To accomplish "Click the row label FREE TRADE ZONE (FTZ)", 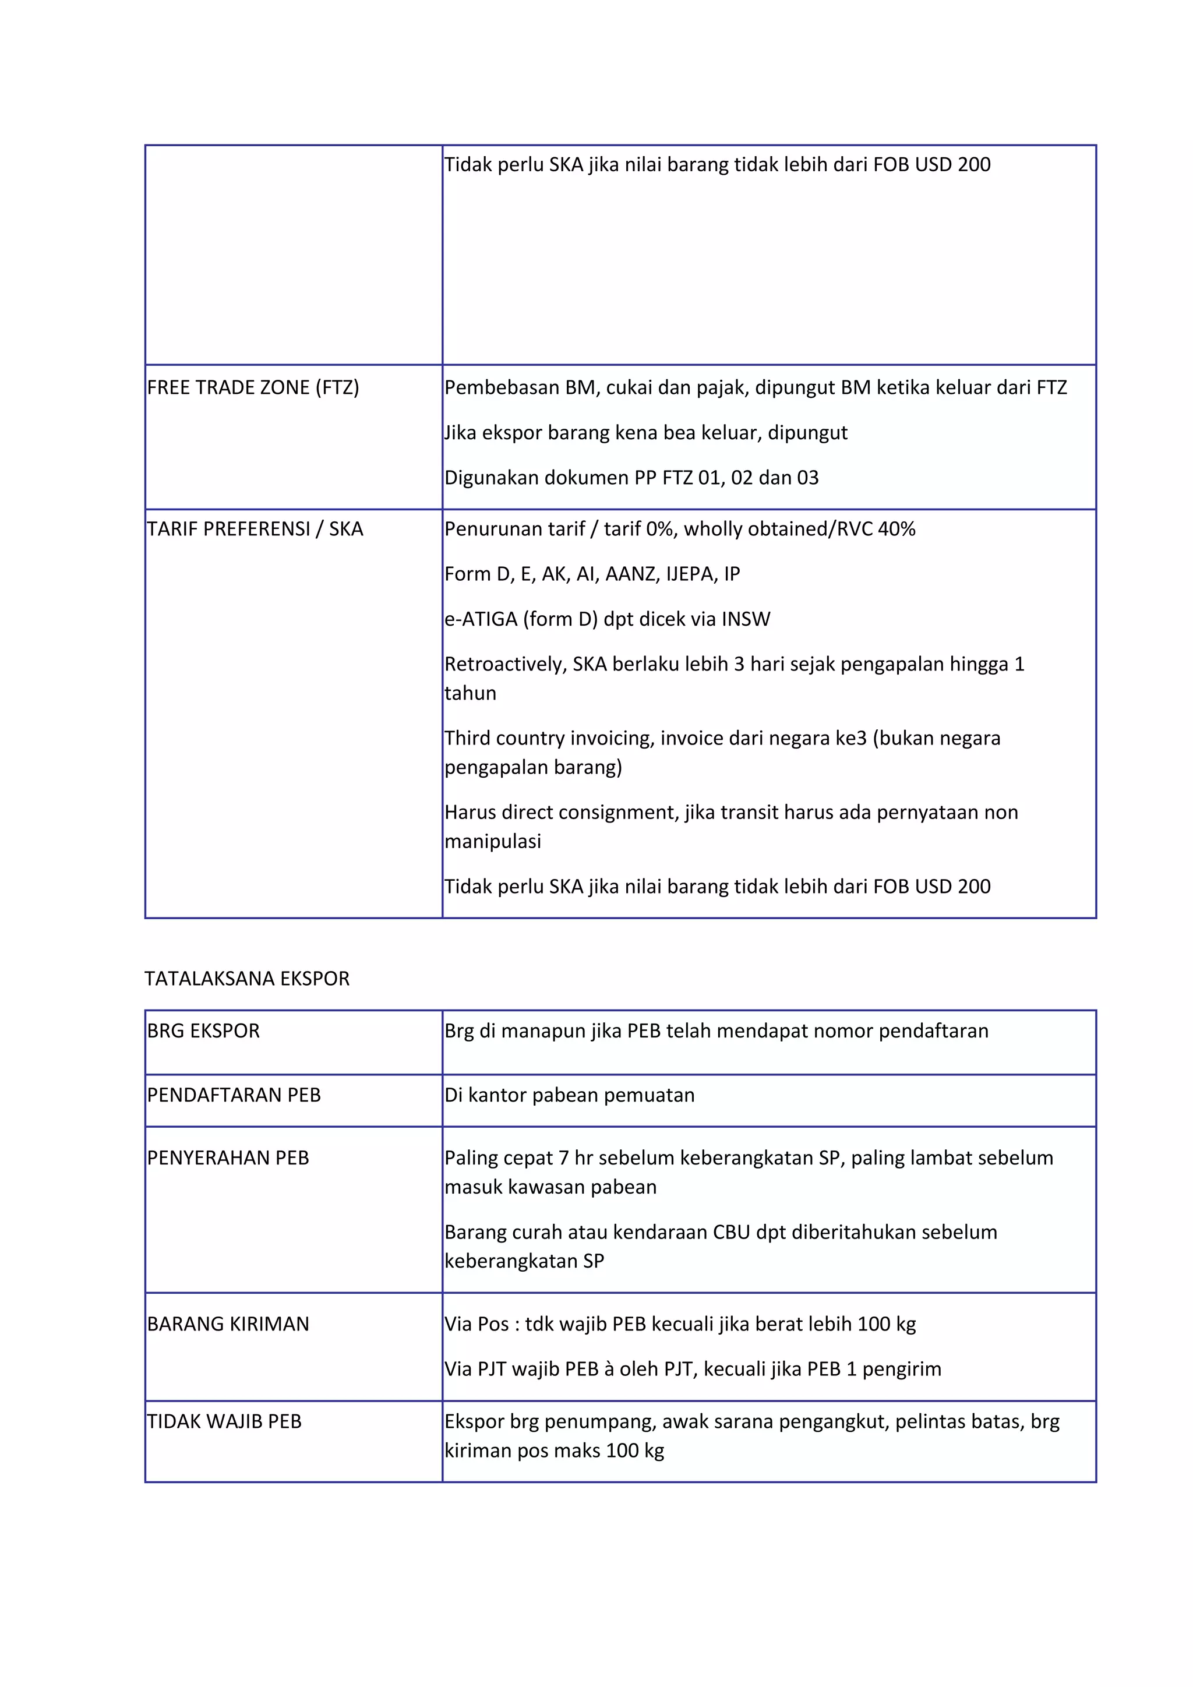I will click(253, 388).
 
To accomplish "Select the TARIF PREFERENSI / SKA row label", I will click(255, 529).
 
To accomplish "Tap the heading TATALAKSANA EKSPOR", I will click(247, 979).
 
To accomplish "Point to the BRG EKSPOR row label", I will click(203, 1031).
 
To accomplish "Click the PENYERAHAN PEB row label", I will click(228, 1158).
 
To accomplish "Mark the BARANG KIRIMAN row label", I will click(228, 1324).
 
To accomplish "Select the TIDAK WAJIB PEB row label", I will click(224, 1422).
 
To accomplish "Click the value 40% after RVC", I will click(896, 529).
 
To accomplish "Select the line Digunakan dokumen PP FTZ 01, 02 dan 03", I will click(631, 478).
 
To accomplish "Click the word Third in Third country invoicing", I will click(466, 739).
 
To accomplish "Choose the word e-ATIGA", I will click(481, 619).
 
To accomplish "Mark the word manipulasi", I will click(492, 841).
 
